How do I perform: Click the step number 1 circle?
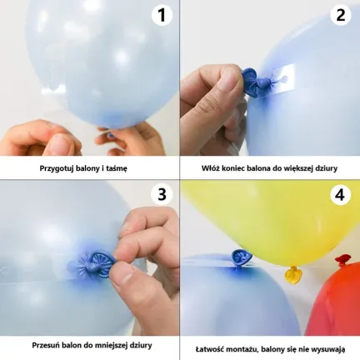162,15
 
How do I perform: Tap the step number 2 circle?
341,15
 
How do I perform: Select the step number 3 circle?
162,194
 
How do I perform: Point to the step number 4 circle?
341,194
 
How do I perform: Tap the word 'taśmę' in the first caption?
116,168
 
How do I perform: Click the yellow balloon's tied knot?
292,273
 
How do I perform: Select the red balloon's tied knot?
343,259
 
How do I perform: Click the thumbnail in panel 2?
231,80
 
